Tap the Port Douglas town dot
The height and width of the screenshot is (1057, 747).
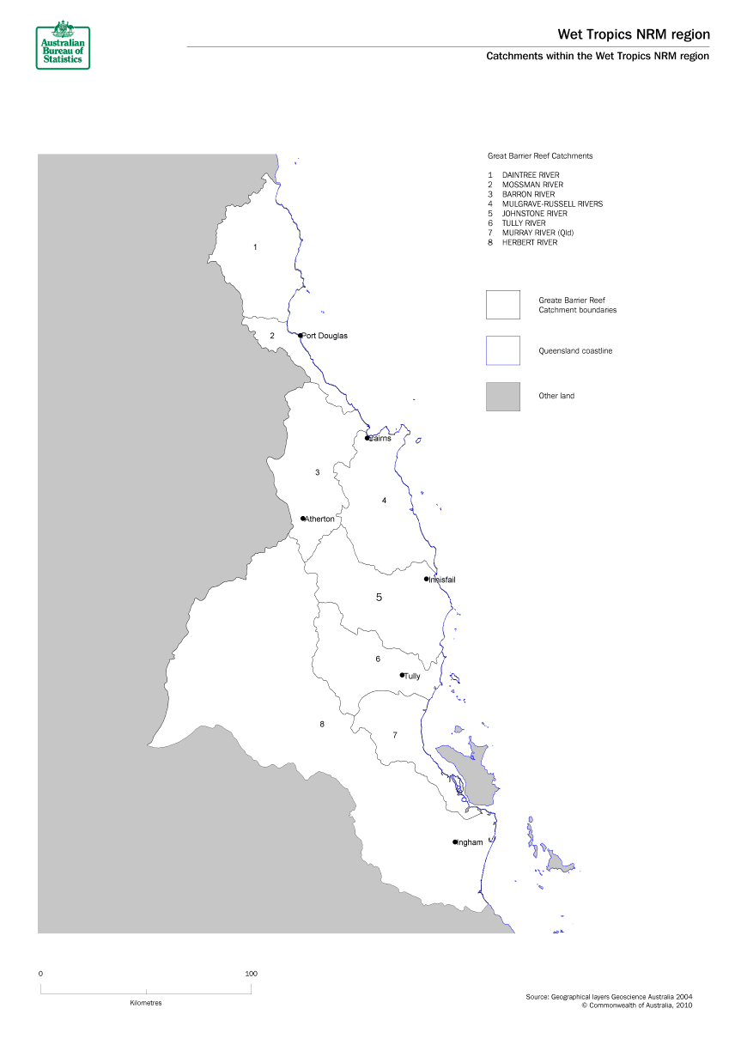click(301, 336)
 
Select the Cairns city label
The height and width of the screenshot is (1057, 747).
click(380, 438)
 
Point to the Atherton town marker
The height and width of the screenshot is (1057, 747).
click(303, 519)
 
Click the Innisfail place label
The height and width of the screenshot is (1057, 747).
click(443, 580)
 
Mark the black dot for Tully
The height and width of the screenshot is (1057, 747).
click(402, 675)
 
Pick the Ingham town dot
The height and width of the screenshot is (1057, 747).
click(455, 841)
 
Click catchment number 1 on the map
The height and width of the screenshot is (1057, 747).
click(255, 247)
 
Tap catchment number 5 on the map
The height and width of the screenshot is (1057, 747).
click(379, 597)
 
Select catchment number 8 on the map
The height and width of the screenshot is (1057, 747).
click(322, 725)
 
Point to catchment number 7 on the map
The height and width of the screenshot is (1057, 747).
click(395, 735)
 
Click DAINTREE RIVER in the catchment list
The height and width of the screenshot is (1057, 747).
click(531, 175)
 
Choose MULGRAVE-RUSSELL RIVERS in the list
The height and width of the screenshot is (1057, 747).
click(552, 204)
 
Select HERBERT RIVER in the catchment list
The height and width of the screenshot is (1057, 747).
click(530, 243)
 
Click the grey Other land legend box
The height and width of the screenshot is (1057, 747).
click(502, 396)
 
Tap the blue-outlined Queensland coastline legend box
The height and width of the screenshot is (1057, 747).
click(502, 350)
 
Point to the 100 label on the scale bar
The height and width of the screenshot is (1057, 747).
click(251, 974)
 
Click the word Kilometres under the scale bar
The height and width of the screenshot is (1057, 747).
click(146, 1003)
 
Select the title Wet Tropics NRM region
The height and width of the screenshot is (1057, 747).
click(634, 34)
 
